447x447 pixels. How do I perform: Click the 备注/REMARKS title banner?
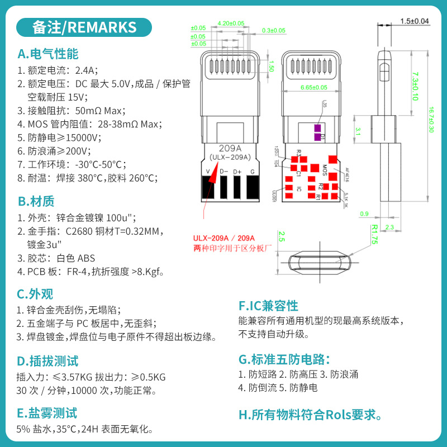pyautogui.click(x=84, y=27)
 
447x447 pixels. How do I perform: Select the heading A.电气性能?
pyautogui.click(x=47, y=54)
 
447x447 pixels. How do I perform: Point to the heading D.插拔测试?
pyautogui.click(x=47, y=360)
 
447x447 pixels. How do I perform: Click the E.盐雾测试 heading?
pyautogui.click(x=47, y=413)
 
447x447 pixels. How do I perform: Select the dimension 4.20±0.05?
pyautogui.click(x=231, y=23)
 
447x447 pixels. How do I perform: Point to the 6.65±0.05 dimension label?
pyautogui.click(x=314, y=87)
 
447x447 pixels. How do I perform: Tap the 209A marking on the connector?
pyautogui.click(x=230, y=149)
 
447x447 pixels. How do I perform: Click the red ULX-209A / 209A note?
pyautogui.click(x=223, y=238)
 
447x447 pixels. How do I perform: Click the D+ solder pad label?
pyautogui.click(x=237, y=171)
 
